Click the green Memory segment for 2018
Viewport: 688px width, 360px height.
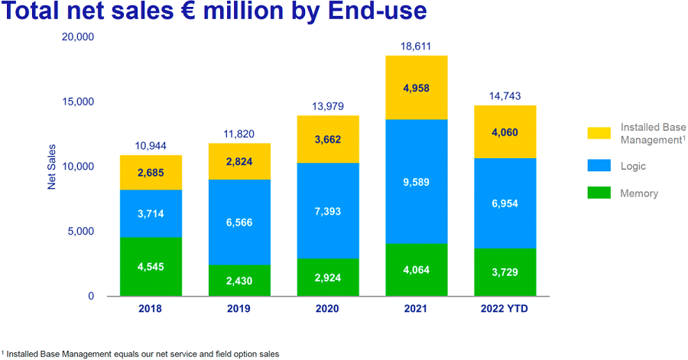click(x=151, y=267)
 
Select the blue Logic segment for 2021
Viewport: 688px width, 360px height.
click(x=416, y=182)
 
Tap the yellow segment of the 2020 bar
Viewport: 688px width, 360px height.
click(x=327, y=139)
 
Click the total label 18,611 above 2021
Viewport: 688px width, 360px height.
click(x=416, y=47)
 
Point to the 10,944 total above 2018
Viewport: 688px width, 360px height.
click(x=151, y=146)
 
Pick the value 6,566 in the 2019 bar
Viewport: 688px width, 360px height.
click(x=239, y=222)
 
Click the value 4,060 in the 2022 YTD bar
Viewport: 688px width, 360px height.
click(x=504, y=131)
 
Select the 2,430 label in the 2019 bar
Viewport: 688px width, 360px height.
click(x=239, y=281)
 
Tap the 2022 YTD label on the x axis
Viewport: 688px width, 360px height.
click(x=504, y=310)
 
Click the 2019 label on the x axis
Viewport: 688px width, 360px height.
click(x=239, y=310)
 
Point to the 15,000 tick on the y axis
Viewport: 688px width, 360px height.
click(x=77, y=102)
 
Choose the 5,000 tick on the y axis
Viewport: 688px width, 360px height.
click(x=80, y=232)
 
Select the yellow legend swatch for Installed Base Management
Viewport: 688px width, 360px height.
click(x=599, y=133)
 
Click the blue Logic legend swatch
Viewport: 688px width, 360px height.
click(x=599, y=164)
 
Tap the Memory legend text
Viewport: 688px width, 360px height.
click(x=639, y=193)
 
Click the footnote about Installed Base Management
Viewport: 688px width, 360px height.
click(x=141, y=354)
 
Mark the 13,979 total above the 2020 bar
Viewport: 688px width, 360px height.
click(x=327, y=106)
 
